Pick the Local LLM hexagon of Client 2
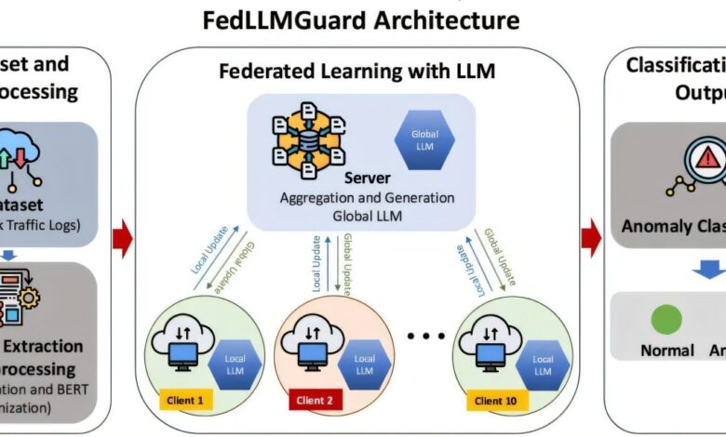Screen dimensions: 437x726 point(365,364)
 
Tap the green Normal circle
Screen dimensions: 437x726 point(666,319)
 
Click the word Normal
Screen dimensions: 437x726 point(666,351)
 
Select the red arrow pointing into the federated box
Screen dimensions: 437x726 point(123,239)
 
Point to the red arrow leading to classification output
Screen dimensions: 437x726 point(590,239)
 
